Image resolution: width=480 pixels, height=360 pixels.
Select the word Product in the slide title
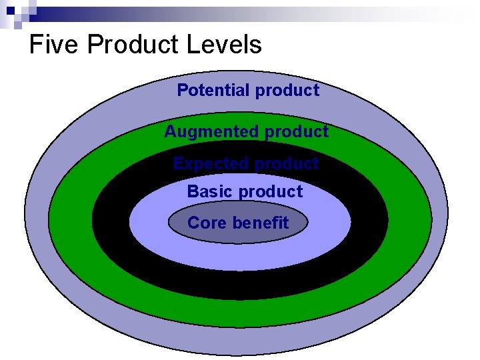point(132,45)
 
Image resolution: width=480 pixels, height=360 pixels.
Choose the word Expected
point(210,163)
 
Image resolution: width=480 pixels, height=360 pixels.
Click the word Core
point(207,223)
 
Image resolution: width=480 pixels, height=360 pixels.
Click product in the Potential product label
point(287,90)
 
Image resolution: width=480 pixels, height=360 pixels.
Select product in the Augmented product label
point(296,132)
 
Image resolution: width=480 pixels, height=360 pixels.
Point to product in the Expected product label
point(287,163)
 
